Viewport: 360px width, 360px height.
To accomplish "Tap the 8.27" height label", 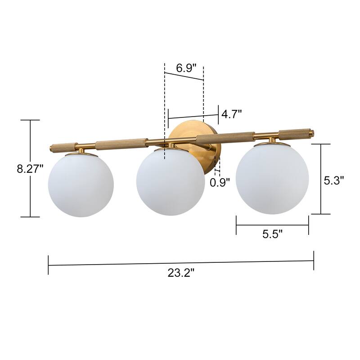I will (x=30, y=169).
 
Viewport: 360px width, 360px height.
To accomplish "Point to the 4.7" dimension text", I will (x=231, y=113).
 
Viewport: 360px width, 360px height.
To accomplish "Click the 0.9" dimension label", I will (x=220, y=182).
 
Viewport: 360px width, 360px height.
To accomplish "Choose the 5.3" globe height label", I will (x=334, y=180).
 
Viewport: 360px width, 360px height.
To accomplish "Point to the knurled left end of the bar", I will (x=62, y=147).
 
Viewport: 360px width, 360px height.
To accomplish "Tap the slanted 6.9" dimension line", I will (x=184, y=76).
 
